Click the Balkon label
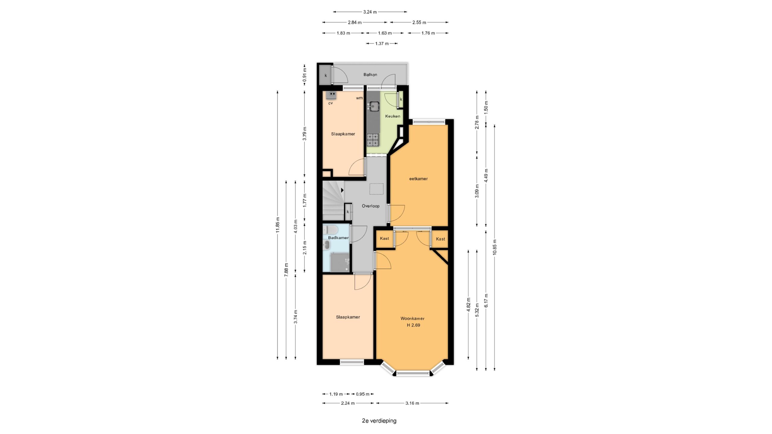(x=370, y=74)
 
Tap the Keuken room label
(x=393, y=116)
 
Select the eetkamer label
(x=418, y=179)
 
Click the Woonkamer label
(x=412, y=318)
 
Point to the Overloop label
(x=371, y=206)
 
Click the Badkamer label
(x=338, y=237)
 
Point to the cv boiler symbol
(x=331, y=95)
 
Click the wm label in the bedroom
(x=359, y=98)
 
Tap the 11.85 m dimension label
(x=278, y=225)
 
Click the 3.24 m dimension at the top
(x=370, y=12)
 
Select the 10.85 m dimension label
(x=495, y=247)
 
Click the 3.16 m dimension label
(x=412, y=403)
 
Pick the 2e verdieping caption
(x=379, y=420)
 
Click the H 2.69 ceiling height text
(x=413, y=325)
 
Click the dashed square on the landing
(x=376, y=189)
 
